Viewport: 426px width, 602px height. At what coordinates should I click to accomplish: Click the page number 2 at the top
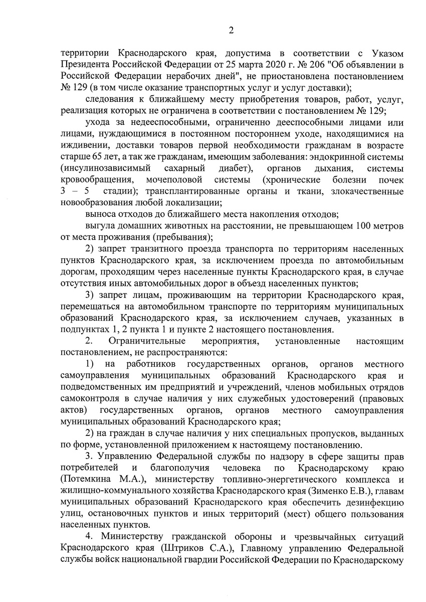232,30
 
